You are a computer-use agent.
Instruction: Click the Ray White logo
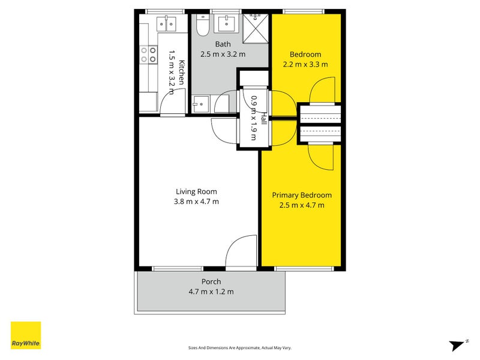point(26,335)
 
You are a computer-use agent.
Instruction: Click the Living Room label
point(196,191)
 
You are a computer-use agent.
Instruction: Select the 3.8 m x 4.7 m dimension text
point(196,202)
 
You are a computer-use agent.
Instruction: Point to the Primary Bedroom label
point(302,196)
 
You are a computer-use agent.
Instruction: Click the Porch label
point(211,281)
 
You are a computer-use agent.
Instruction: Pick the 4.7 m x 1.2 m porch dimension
point(211,292)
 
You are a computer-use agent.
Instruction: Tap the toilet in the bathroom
point(202,25)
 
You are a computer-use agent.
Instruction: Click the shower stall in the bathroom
point(256,28)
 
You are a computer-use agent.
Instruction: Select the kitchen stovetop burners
point(148,55)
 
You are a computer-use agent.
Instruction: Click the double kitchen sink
point(166,24)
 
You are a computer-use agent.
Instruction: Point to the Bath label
point(223,44)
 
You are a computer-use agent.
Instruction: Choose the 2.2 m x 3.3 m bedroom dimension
point(305,65)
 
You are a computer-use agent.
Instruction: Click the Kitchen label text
point(182,73)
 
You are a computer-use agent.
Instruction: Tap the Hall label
point(263,118)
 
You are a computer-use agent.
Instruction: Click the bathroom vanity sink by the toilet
point(227,24)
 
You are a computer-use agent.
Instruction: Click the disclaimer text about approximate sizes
point(239,348)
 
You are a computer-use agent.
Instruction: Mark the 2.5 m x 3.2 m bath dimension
point(223,54)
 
